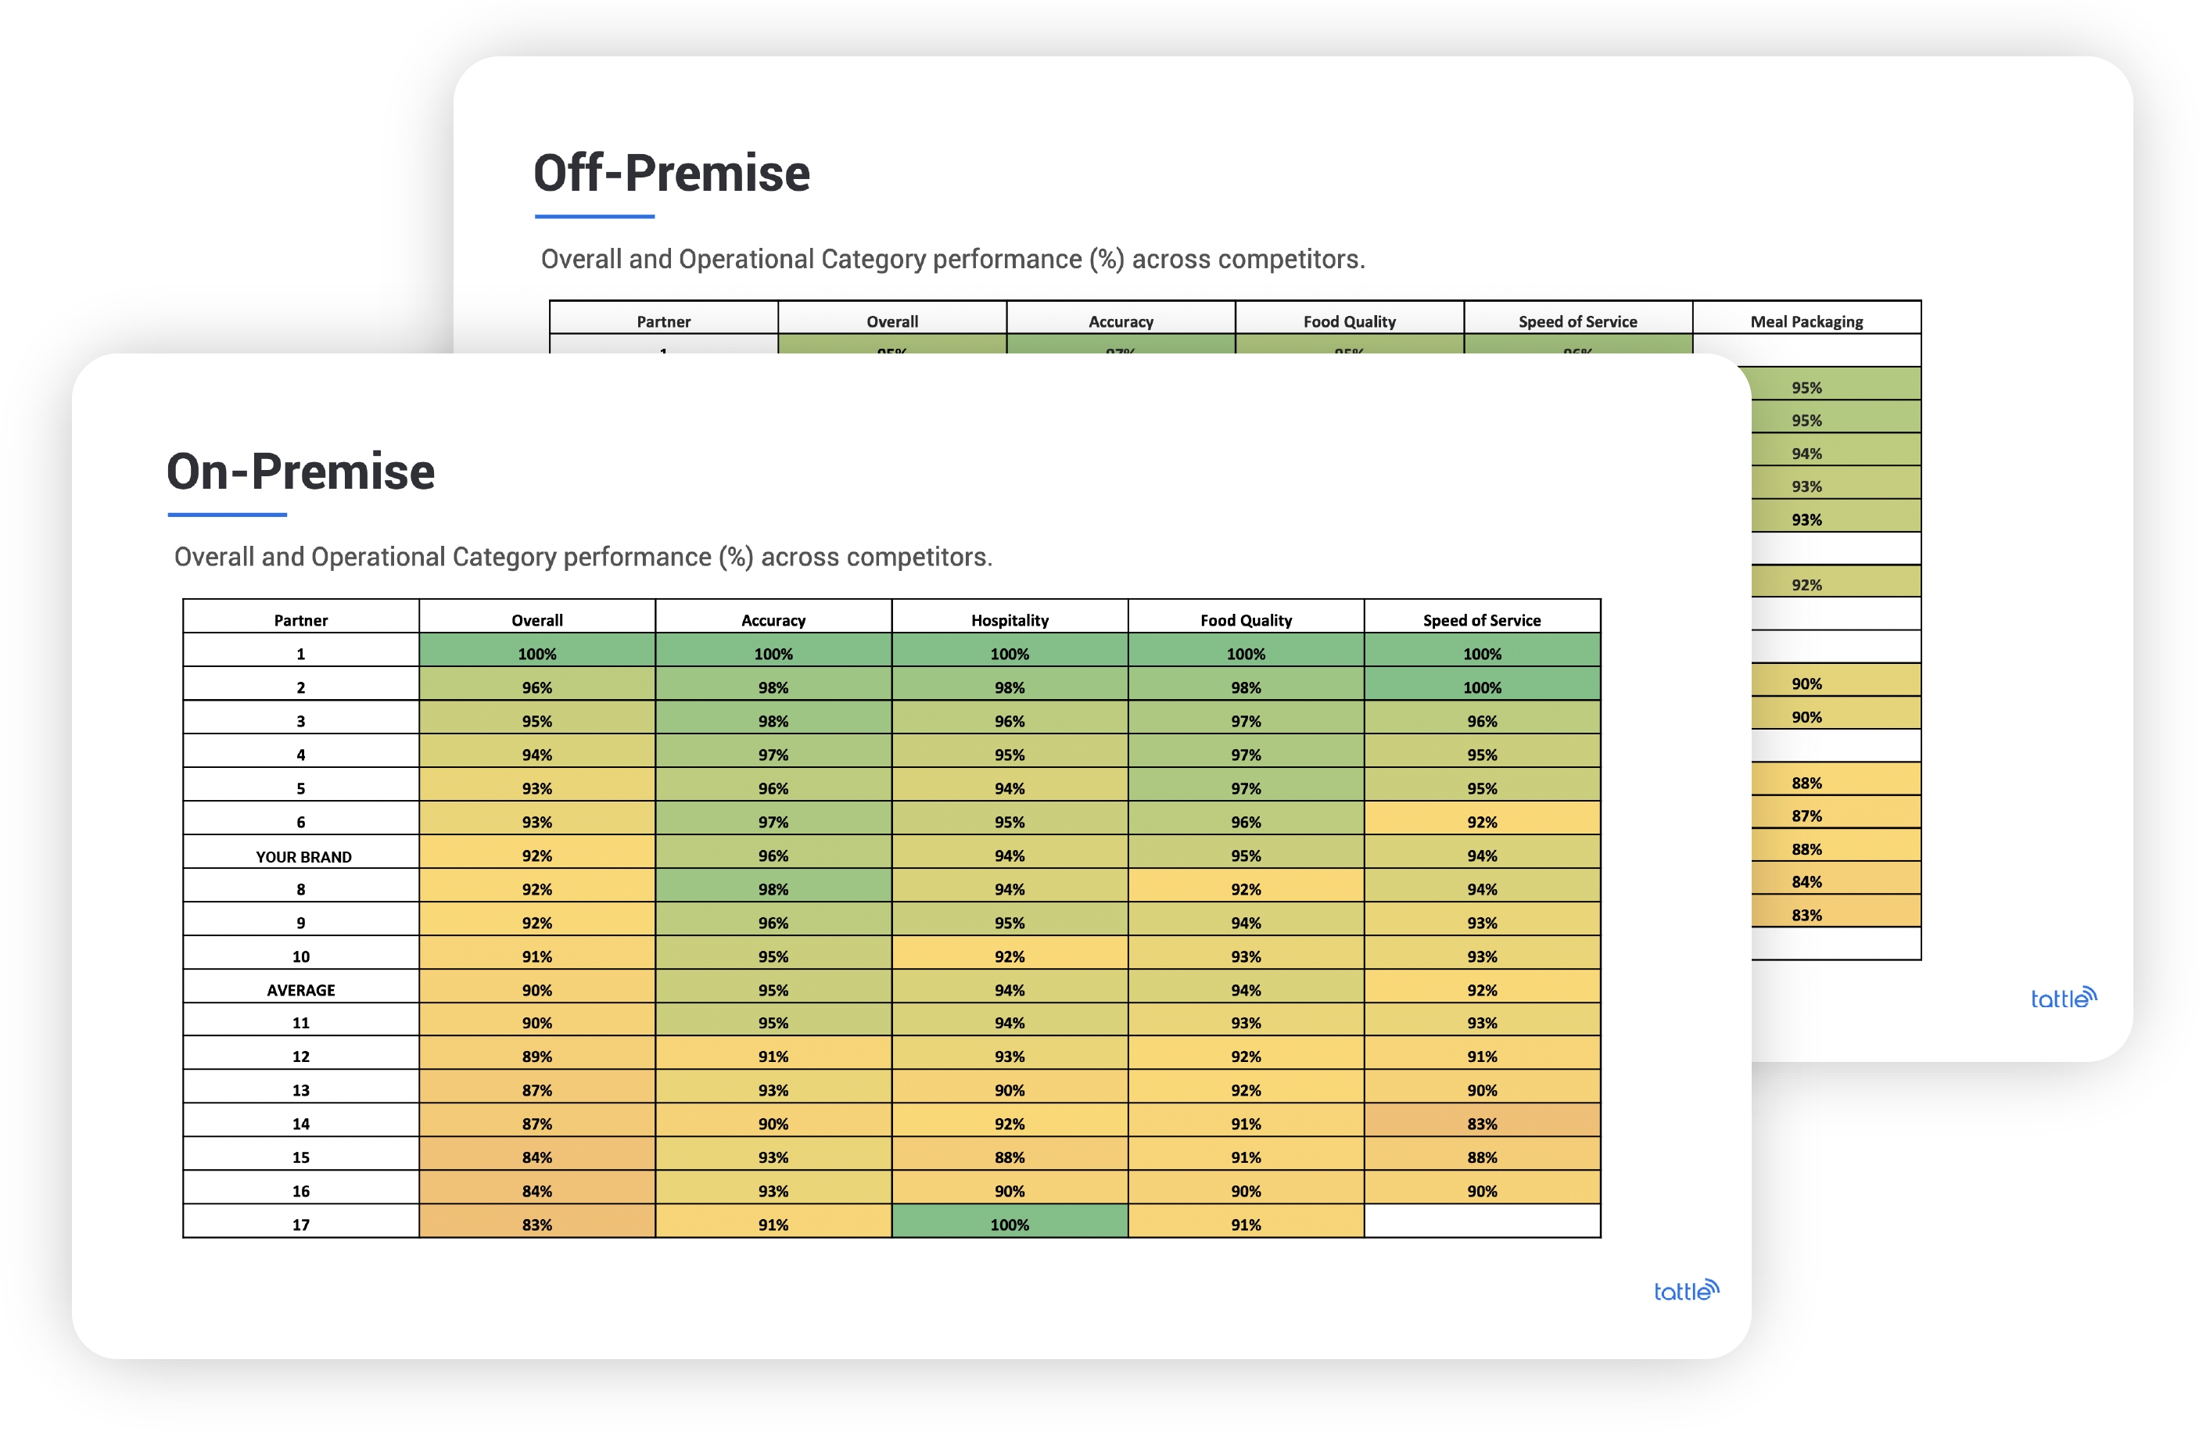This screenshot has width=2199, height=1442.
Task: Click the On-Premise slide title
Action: tap(300, 472)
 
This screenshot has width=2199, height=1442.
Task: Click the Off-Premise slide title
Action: tap(672, 174)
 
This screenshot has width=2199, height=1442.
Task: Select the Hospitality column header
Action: tap(1009, 620)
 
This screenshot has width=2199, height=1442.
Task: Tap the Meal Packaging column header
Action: tap(1806, 321)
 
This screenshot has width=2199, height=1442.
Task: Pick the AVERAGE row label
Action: tap(300, 989)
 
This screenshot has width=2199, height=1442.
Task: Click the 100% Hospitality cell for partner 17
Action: tap(1009, 1224)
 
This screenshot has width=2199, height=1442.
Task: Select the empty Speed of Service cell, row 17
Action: tap(1481, 1222)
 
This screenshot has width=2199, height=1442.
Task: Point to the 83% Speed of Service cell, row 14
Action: tap(1481, 1123)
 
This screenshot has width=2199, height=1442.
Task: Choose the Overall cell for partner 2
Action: tap(536, 687)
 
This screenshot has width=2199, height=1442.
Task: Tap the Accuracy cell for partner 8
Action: tap(773, 888)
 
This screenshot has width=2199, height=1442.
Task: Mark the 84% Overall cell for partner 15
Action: tap(536, 1157)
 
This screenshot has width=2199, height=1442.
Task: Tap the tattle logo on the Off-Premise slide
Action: tap(2062, 998)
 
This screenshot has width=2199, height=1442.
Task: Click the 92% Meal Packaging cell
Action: tap(1806, 585)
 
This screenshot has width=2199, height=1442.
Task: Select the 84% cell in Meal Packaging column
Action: tap(1806, 881)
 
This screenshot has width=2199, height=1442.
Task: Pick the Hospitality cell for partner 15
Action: tap(1009, 1157)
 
